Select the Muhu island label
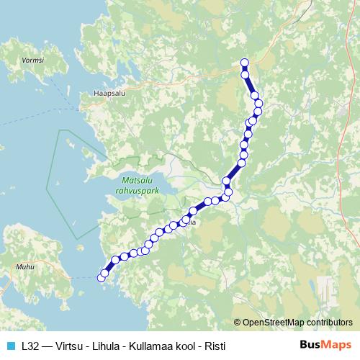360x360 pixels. [25, 266]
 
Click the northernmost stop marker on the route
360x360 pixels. [244, 63]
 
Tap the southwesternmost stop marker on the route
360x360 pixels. [102, 276]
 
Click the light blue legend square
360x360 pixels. [10, 346]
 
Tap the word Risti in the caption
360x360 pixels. [214, 346]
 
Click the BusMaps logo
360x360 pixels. [325, 346]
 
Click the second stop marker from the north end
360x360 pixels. [245, 74]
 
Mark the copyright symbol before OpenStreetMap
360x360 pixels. [237, 323]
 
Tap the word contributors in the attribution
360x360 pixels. [328, 323]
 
